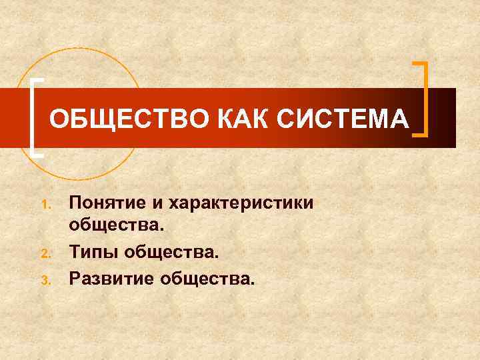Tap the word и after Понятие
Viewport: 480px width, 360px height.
click(x=161, y=202)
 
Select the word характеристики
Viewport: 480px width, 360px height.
click(x=242, y=202)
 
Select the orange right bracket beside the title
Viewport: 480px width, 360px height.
click(x=422, y=100)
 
